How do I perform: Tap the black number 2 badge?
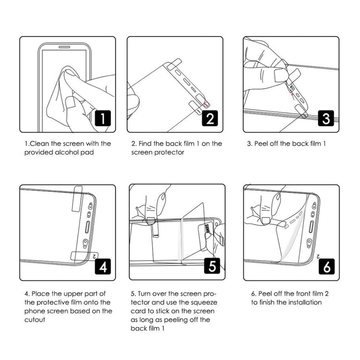pyautogui.click(x=209, y=118)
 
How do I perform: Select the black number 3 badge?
pyautogui.click(x=326, y=118)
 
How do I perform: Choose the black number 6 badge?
pyautogui.click(x=326, y=266)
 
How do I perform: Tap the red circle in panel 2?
pyautogui.click(x=207, y=104)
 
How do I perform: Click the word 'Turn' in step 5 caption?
pyautogui.click(x=146, y=293)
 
